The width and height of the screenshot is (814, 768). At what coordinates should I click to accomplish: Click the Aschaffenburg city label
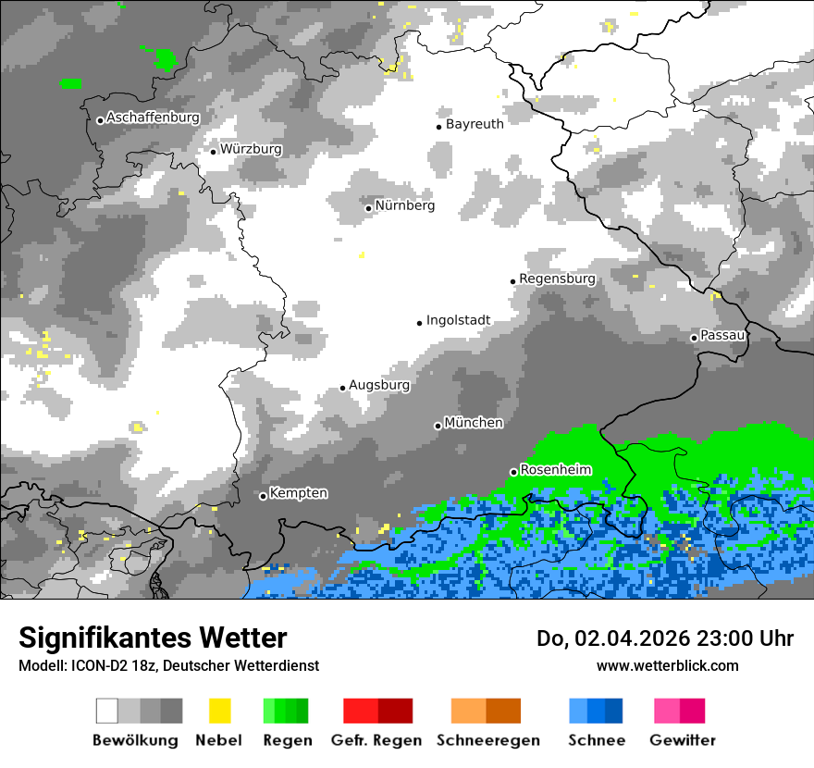pos(153,118)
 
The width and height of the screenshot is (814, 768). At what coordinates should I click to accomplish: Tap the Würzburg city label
pos(251,149)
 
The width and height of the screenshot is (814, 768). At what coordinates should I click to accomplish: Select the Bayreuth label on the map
pos(475,124)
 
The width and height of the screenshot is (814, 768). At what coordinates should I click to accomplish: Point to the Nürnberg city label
pos(405,205)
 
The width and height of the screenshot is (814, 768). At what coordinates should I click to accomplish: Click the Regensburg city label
pos(557,279)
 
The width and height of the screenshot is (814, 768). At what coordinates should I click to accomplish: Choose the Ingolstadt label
pos(458,321)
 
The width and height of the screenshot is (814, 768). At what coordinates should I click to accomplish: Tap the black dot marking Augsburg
pos(342,388)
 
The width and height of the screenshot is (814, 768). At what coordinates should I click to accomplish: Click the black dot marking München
pos(438,426)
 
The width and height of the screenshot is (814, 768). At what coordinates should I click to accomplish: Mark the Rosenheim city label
pos(555,470)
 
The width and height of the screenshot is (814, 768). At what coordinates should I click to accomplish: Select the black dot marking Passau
pos(694,338)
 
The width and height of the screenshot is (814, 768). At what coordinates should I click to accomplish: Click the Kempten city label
pos(298,493)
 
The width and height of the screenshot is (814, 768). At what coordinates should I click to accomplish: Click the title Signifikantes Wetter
pos(153,638)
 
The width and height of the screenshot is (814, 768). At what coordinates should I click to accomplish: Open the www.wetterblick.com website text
pos(667,665)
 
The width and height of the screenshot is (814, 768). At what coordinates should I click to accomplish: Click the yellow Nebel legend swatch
pos(219,711)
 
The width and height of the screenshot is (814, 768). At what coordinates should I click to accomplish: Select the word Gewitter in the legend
pos(682,740)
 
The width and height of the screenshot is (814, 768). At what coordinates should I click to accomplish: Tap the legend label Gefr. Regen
pos(376,740)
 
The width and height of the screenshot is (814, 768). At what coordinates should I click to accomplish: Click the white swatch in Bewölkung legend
pos(107,711)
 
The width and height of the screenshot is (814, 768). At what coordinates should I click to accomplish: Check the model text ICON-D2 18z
pos(103,665)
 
